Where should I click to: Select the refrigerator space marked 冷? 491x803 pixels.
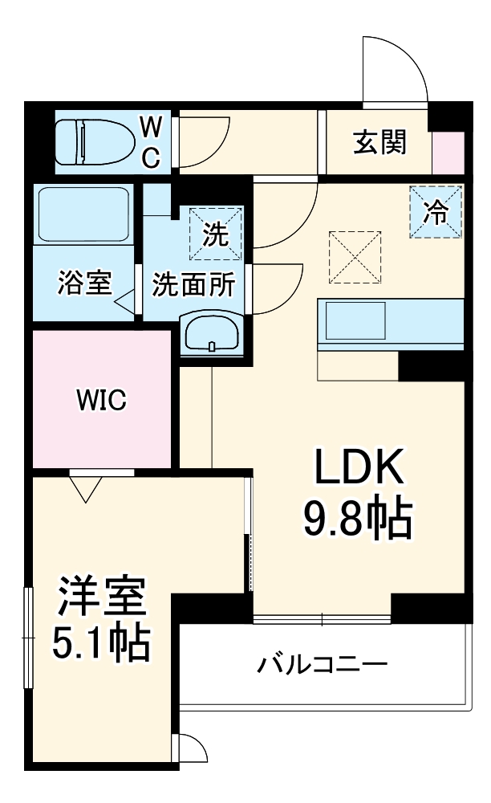pos(436,211)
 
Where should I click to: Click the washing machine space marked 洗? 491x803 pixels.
pos(215,234)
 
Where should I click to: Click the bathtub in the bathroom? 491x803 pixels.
pos(83,215)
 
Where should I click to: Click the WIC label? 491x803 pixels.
pos(102,399)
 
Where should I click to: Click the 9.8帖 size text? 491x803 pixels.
pos(357,520)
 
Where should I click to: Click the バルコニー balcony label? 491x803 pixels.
pos(323,664)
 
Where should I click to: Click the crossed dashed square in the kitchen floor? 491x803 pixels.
pos(354,256)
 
